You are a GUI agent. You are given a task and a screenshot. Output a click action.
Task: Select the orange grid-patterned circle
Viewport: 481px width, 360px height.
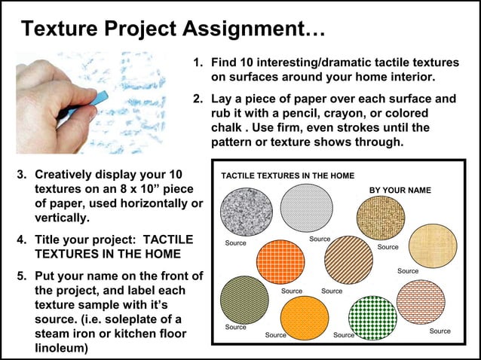280,261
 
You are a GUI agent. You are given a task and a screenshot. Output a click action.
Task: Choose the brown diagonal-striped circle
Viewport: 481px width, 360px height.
348,259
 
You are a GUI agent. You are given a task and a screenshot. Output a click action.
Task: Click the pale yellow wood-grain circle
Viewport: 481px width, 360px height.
427,244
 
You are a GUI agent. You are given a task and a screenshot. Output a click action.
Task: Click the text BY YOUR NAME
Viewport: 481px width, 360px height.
400,191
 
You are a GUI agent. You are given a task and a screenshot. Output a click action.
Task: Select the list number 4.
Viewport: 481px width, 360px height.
22,239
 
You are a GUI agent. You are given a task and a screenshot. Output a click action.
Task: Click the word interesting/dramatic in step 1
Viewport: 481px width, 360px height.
302,61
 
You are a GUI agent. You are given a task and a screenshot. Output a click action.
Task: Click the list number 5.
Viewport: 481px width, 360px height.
22,275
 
